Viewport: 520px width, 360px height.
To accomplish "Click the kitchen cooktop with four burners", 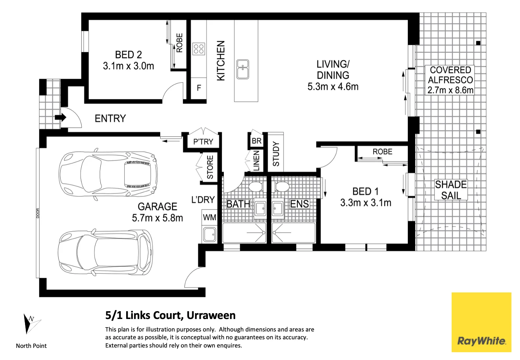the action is click(198, 49).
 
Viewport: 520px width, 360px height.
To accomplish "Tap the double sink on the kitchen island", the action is click(243, 69).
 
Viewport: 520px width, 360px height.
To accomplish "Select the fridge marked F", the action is click(199, 88).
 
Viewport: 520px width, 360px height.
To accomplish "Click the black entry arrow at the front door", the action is click(60, 118).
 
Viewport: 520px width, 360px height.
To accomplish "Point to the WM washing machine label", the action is click(209, 217).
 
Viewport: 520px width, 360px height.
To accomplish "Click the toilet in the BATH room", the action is click(256, 187).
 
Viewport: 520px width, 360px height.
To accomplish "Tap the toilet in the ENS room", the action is click(282, 187).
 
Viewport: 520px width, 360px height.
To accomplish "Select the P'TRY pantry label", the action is click(203, 141).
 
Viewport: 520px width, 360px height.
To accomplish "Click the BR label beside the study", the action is click(257, 141).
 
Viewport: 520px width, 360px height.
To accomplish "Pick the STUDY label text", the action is click(276, 154).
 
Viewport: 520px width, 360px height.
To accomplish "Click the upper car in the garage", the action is click(108, 174).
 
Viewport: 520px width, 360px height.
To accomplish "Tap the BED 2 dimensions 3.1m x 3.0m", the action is click(129, 66).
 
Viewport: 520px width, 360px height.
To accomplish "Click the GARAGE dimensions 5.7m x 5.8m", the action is click(157, 218).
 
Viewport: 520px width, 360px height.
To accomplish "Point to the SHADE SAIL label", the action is click(451, 190).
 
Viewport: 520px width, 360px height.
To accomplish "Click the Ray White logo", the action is click(481, 322).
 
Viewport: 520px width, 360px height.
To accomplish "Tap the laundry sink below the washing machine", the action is click(210, 235).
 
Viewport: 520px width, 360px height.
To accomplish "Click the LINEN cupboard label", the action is click(256, 160).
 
